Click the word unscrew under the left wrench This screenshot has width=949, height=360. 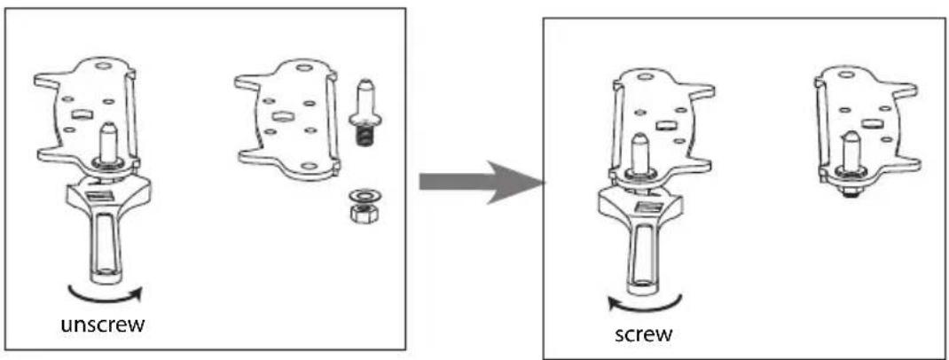[102, 325]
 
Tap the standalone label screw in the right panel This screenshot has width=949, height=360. [643, 334]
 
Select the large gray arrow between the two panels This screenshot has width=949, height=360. [482, 182]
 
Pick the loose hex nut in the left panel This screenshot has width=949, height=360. [362, 213]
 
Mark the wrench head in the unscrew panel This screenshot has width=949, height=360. [108, 197]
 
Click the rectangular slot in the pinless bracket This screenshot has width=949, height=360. [281, 116]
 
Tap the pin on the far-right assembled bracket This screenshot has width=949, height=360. [850, 152]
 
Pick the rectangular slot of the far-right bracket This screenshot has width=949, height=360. [871, 125]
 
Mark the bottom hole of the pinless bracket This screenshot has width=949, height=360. [308, 166]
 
